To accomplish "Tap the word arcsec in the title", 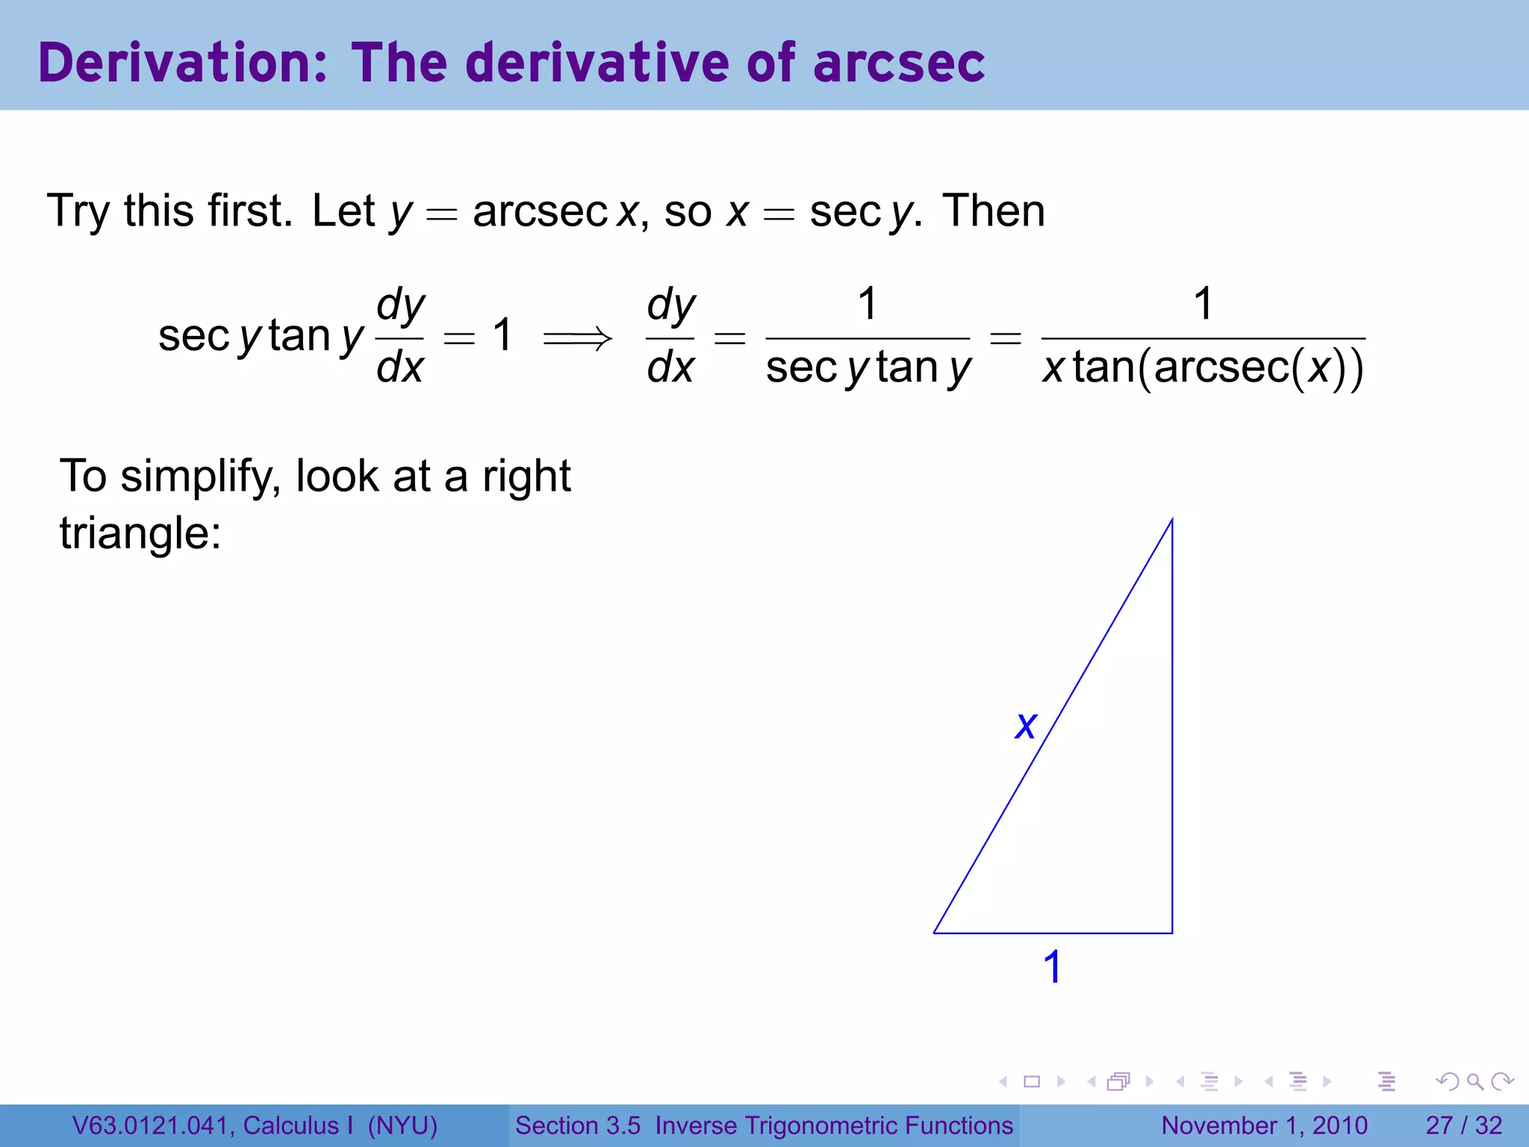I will (899, 63).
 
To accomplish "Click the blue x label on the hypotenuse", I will (1026, 725).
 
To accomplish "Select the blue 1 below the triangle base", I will (1052, 967).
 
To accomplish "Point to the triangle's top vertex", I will (1171, 520).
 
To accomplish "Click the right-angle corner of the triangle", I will (1171, 932).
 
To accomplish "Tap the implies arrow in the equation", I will (577, 338).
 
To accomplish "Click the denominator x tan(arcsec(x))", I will (1203, 368).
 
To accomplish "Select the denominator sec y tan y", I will (868, 368).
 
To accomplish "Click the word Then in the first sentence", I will (993, 211).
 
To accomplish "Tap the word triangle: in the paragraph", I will (140, 533).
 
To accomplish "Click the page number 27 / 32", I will (1463, 1125).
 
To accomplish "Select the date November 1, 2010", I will (1264, 1125).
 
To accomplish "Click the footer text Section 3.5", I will (577, 1125).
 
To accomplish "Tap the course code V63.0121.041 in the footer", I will (153, 1125).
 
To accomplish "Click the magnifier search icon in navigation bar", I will (1474, 1081).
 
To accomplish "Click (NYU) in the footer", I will (402, 1125).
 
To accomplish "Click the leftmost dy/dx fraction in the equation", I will (400, 336).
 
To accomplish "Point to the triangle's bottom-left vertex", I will (935, 932).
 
